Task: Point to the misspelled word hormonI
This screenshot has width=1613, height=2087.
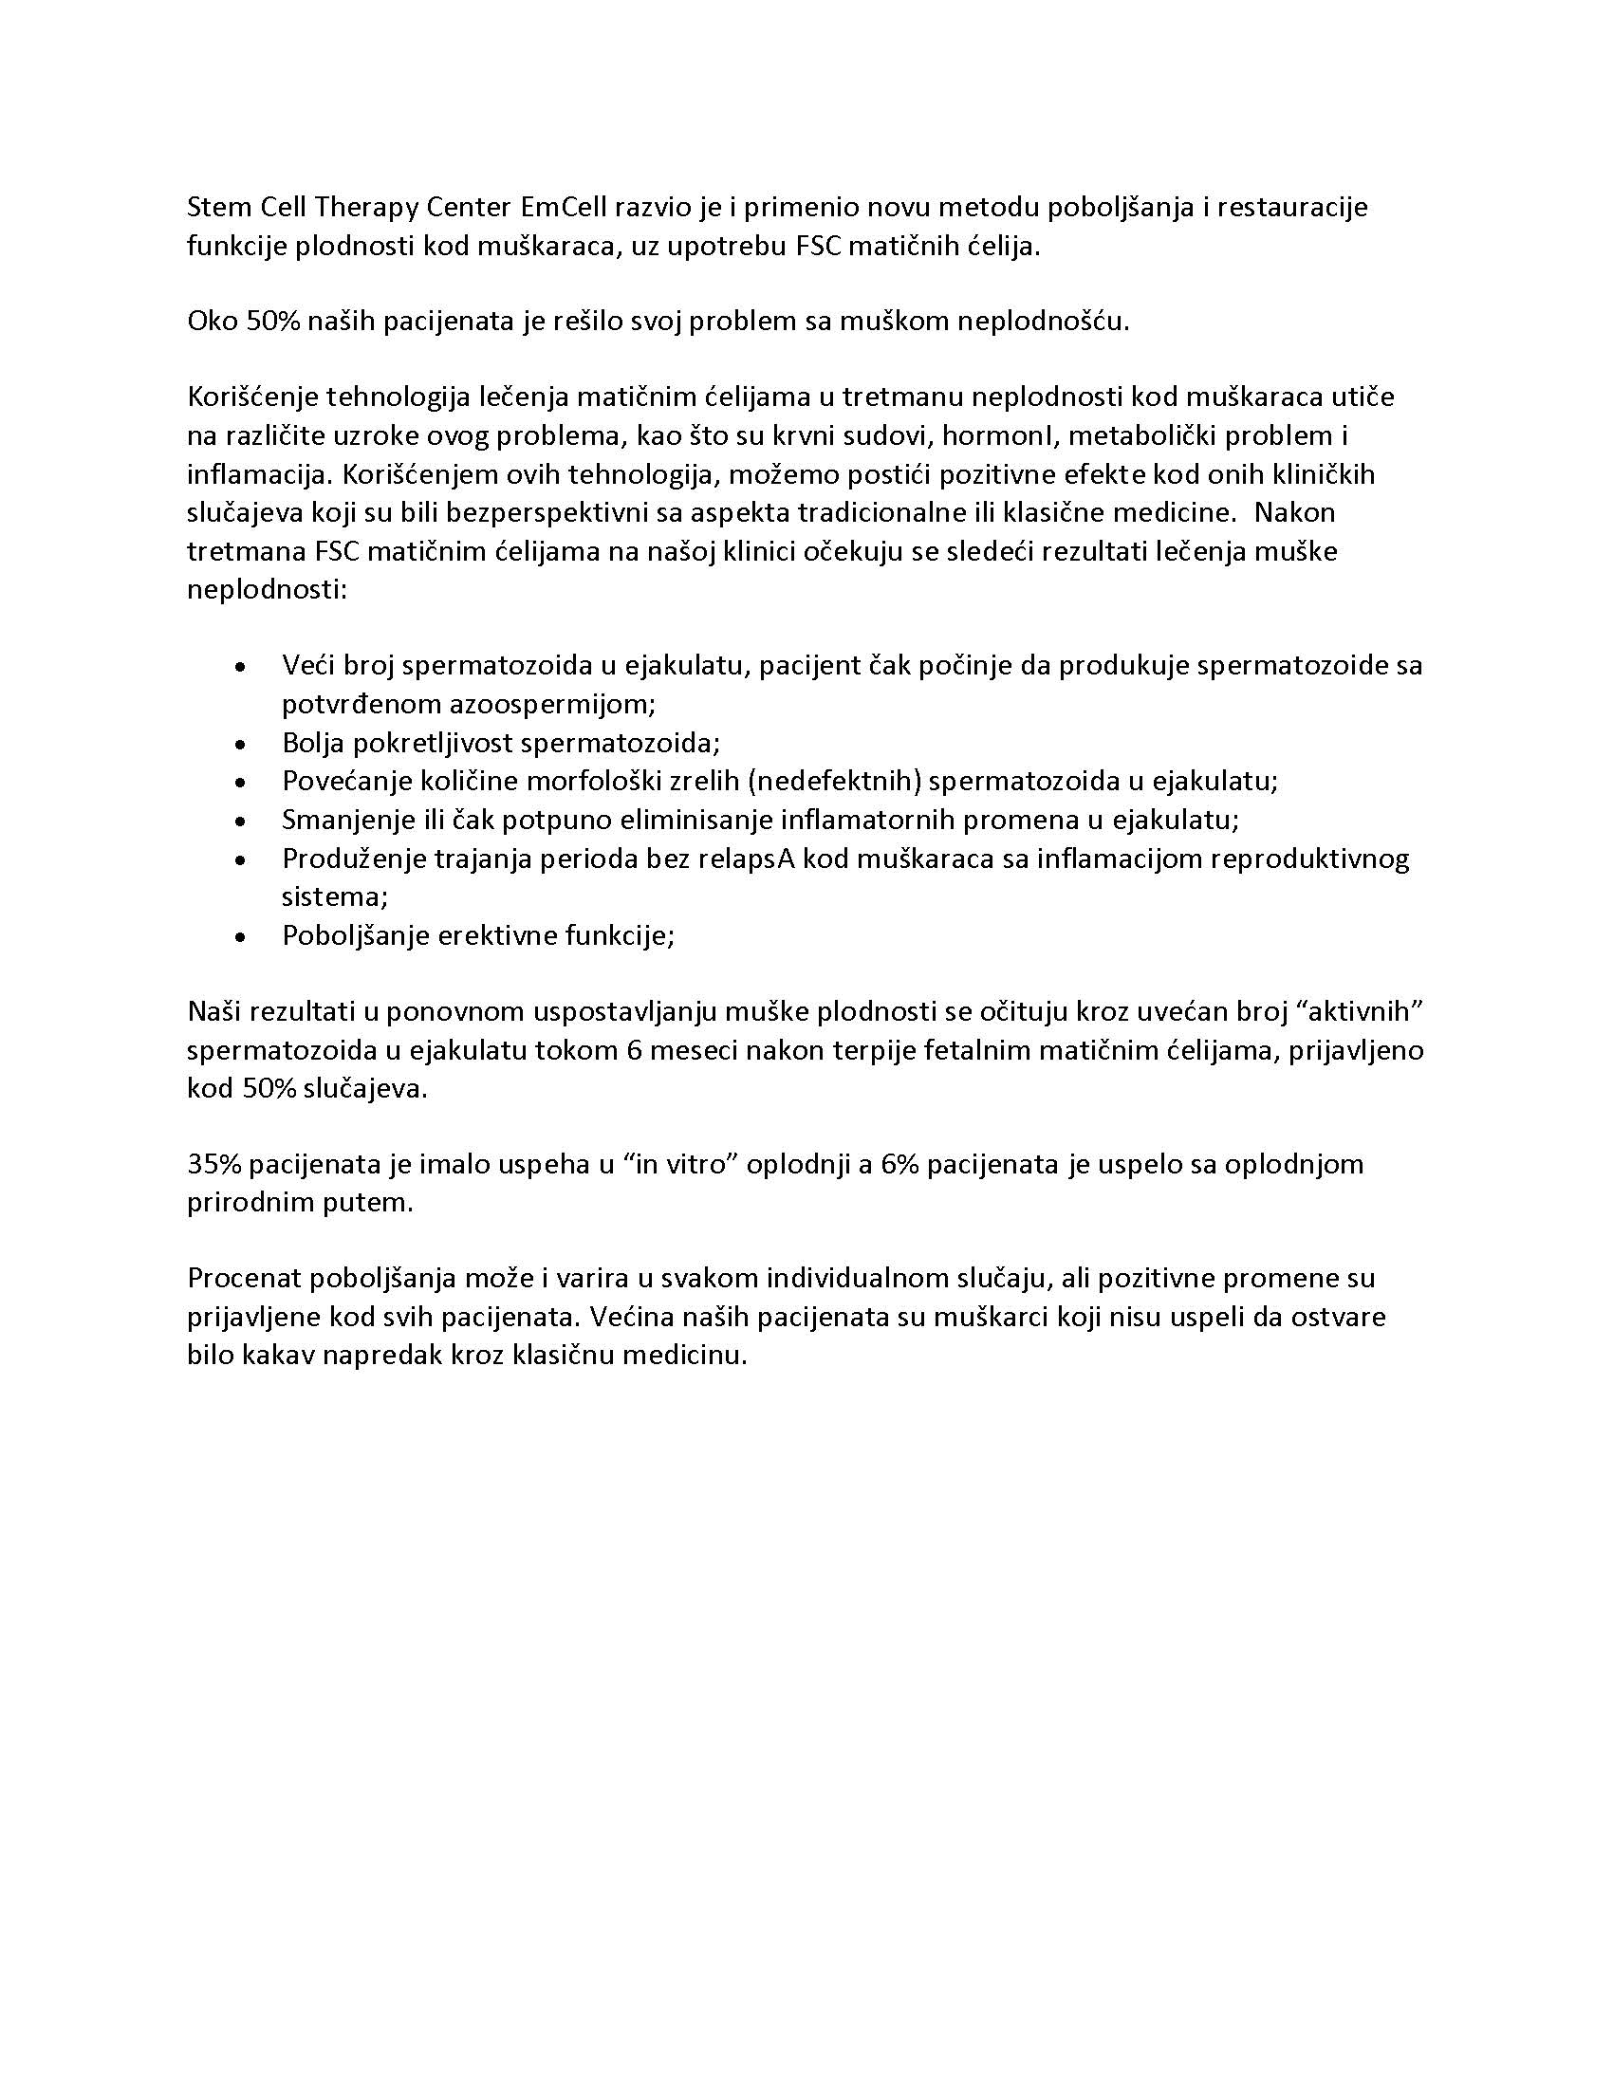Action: tap(995, 435)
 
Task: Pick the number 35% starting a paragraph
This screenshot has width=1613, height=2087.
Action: tap(216, 1164)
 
